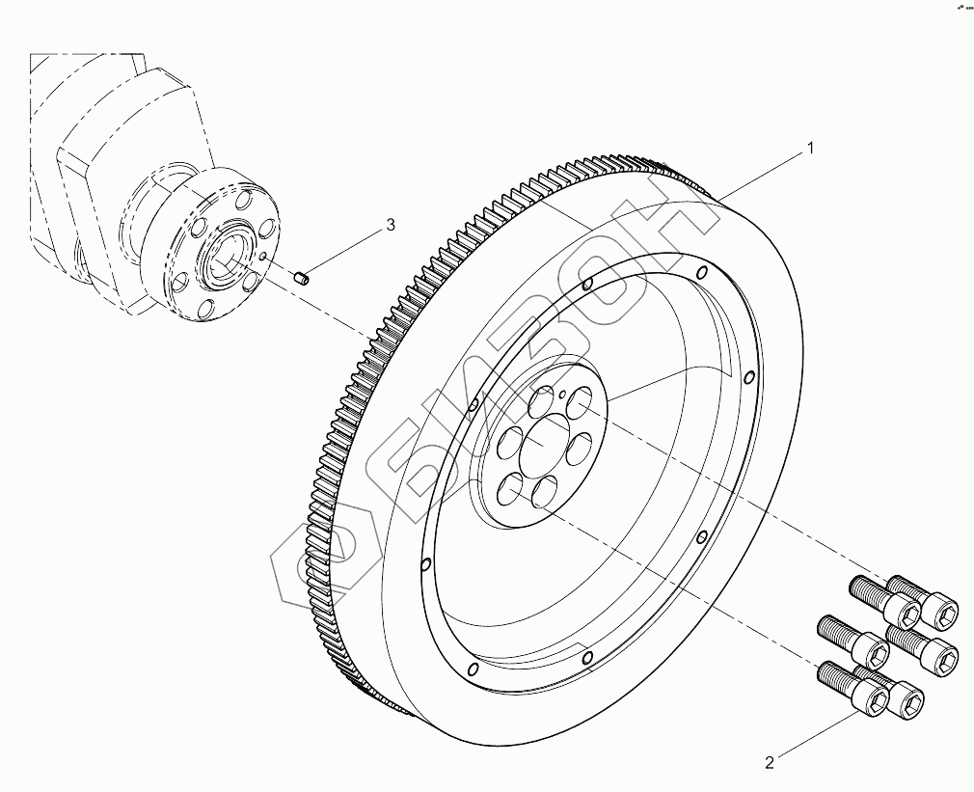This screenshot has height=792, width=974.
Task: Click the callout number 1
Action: (x=811, y=149)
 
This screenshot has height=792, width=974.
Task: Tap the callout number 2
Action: (x=770, y=763)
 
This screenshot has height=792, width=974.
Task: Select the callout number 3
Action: (x=390, y=225)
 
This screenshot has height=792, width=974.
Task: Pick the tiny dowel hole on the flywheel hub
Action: (x=562, y=394)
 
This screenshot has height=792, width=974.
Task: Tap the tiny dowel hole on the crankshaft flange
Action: (x=263, y=258)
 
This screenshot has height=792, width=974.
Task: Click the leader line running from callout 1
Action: (x=762, y=175)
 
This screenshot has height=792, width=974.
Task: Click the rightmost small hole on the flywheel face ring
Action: (x=749, y=377)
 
